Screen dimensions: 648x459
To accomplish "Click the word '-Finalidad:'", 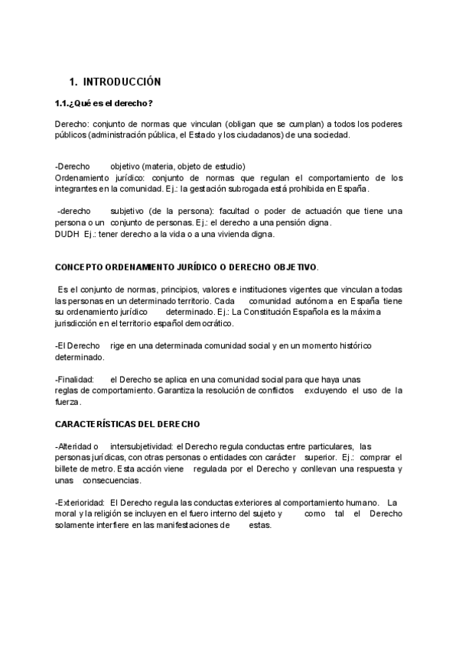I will [x=75, y=380].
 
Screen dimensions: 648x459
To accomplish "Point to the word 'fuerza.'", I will [x=68, y=402].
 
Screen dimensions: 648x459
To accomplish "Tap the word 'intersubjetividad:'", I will [x=142, y=446].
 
